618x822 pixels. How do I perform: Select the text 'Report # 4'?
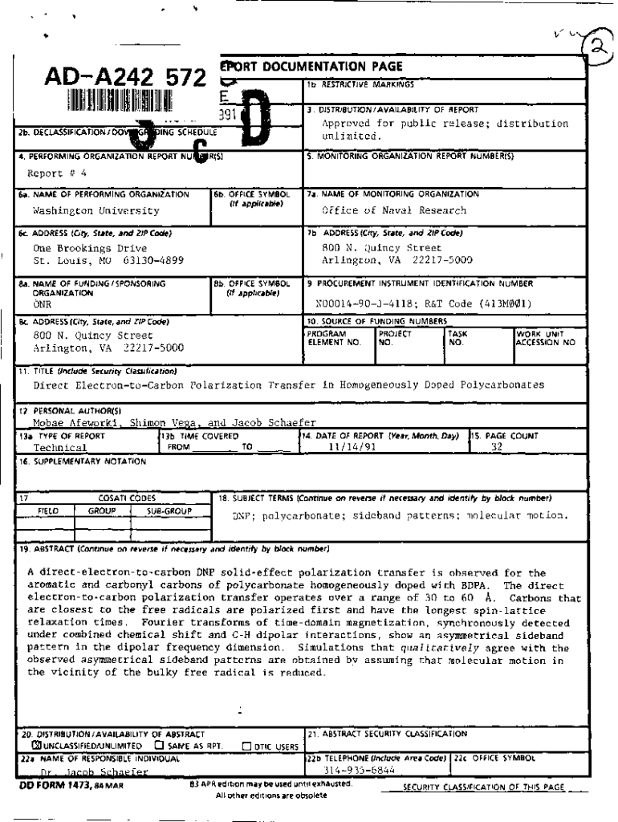coord(59,173)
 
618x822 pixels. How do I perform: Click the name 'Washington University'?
coord(96,211)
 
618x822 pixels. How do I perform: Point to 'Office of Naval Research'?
coord(393,210)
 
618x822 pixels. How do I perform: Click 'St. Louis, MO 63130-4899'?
coord(103,261)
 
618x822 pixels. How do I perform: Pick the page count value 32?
coord(495,448)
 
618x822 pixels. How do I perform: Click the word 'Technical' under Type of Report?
coord(60,448)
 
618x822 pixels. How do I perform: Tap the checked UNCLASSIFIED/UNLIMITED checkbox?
coord(25,746)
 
